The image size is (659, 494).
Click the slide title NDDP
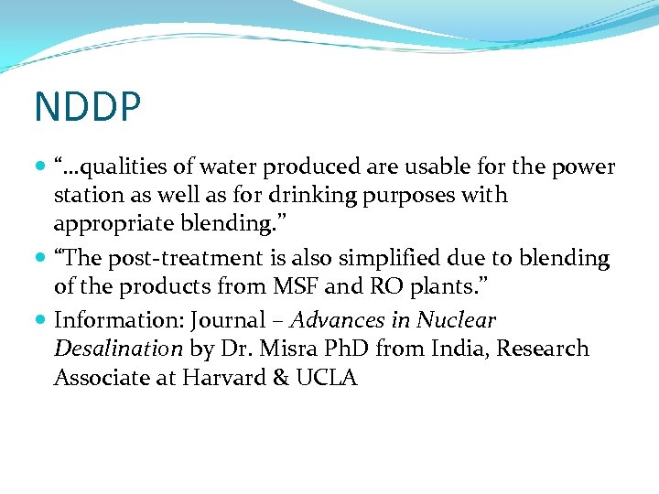[x=88, y=107]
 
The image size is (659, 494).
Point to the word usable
[x=431, y=167]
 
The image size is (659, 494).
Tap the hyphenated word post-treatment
[x=192, y=259]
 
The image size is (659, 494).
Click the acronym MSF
[x=293, y=286]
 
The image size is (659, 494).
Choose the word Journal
[x=221, y=321]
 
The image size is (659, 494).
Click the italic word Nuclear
[x=456, y=321]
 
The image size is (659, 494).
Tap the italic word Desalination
[x=119, y=349]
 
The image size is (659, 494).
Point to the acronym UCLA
[x=327, y=377]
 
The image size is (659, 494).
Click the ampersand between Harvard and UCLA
[x=280, y=377]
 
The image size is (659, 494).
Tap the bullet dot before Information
[x=43, y=321]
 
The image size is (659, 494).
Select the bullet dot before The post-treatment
[x=43, y=259]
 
